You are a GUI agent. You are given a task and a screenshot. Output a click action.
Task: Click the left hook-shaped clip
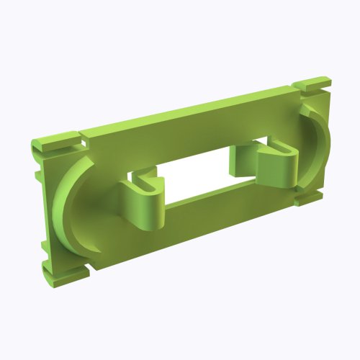(142, 205)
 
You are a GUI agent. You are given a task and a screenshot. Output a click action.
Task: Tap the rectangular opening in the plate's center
(198, 176)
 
